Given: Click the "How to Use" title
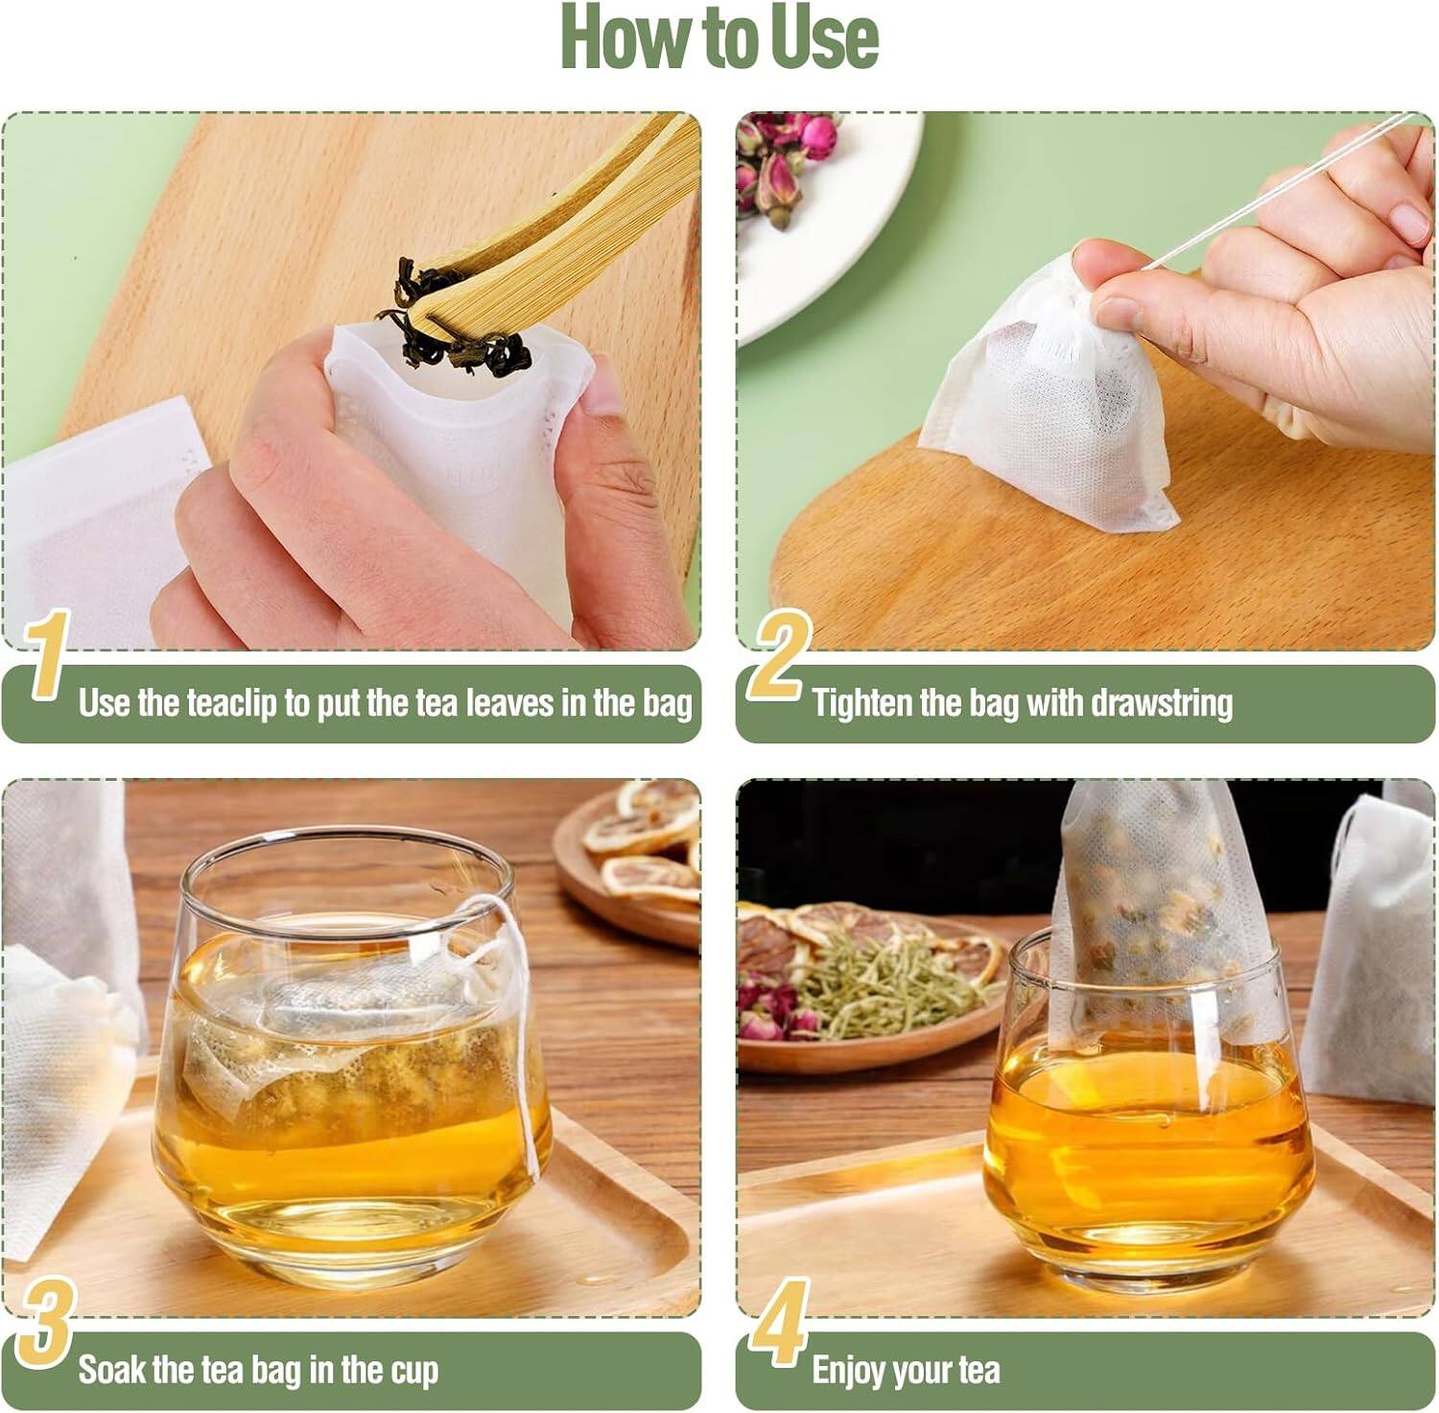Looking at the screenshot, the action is [x=719, y=35].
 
